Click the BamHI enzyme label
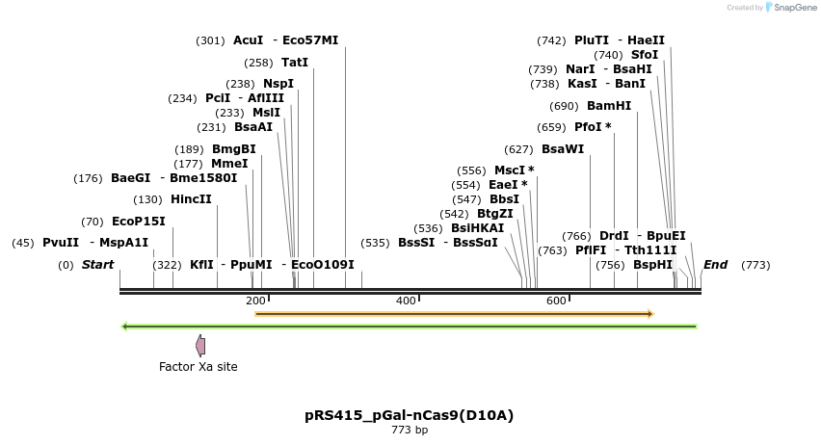click(609, 106)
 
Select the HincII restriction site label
click(191, 199)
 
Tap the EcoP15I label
click(139, 221)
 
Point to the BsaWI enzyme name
click(563, 149)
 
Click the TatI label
click(295, 63)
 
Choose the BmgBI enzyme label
click(234, 149)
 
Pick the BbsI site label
click(504, 199)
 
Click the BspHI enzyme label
click(653, 265)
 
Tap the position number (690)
click(564, 106)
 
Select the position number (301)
click(210, 40)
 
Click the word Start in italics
click(97, 265)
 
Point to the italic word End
click(715, 265)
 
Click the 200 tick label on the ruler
click(255, 301)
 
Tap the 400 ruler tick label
click(406, 301)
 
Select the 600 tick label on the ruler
click(556, 301)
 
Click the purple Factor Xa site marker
click(200, 345)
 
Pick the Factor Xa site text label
click(199, 367)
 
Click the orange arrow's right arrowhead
click(651, 314)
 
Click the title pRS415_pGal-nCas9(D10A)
click(410, 416)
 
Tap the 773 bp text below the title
click(410, 431)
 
